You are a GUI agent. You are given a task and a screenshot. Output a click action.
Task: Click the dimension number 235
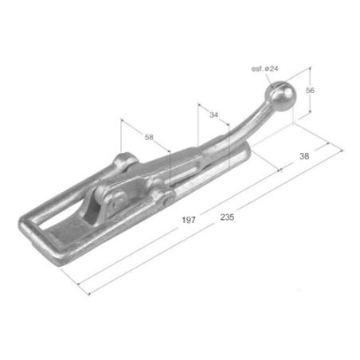click(227, 217)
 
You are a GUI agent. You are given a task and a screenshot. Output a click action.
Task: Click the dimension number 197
click(189, 220)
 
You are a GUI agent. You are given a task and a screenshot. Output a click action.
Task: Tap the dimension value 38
click(304, 156)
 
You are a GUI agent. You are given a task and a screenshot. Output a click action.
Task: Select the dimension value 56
click(310, 91)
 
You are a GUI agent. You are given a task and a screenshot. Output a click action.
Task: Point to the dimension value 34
click(213, 115)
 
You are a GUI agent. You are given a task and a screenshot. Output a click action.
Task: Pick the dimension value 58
click(149, 137)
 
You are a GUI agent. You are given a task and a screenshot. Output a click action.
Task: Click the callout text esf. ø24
click(264, 68)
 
